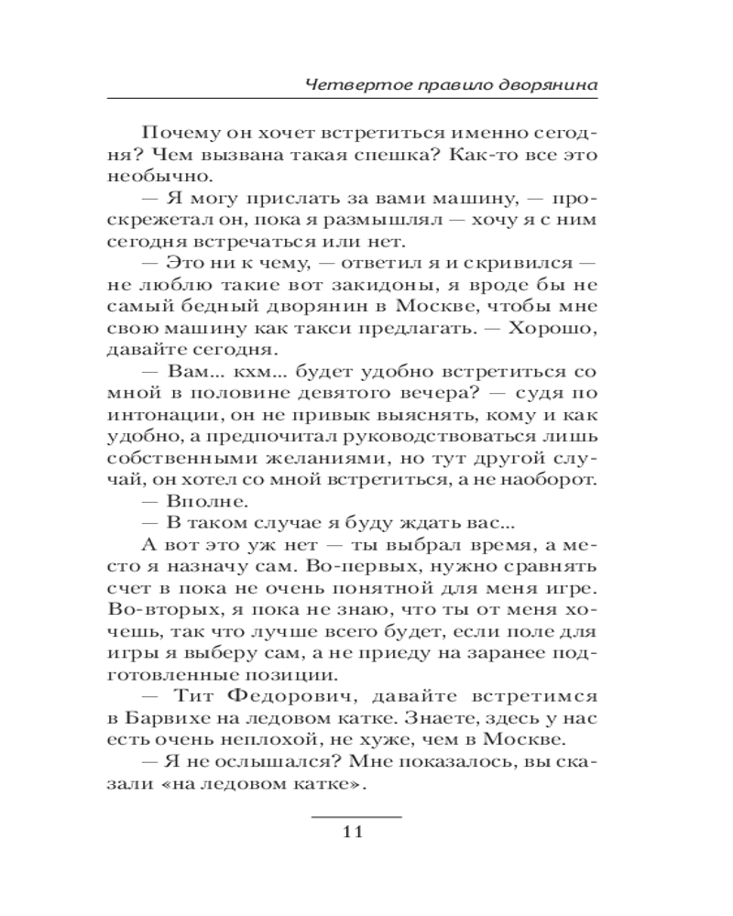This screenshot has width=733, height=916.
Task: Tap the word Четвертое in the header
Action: coord(343,84)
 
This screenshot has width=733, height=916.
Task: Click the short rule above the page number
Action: coord(356,815)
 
